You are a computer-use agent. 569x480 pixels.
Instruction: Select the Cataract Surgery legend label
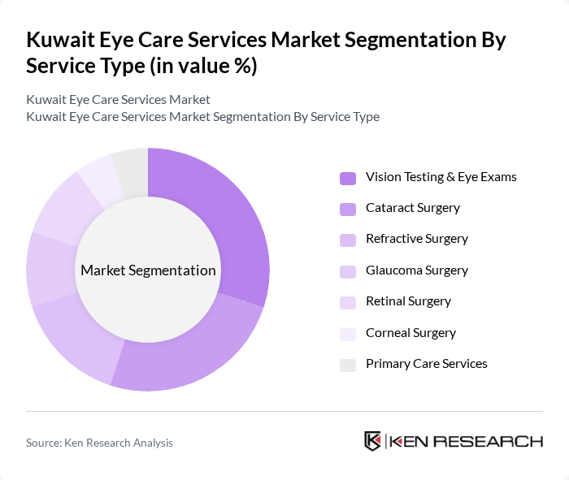pos(412,208)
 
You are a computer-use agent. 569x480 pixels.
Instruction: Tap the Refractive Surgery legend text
pos(416,239)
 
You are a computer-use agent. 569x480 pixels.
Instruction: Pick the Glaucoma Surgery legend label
pos(416,270)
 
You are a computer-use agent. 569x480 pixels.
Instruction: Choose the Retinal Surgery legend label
pos(408,301)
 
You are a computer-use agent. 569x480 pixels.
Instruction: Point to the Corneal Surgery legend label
pos(410,333)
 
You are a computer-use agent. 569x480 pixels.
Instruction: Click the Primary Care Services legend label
pos(426,364)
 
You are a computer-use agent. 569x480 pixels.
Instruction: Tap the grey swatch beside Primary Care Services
pos(348,365)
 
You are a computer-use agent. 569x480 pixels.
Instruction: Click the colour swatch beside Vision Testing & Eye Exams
pos(348,178)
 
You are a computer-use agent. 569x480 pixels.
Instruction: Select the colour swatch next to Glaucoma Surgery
pos(348,271)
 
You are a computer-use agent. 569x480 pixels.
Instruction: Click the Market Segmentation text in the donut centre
pos(148,270)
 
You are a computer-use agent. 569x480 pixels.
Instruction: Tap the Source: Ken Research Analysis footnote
pos(99,443)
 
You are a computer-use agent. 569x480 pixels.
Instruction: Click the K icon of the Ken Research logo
pos(372,441)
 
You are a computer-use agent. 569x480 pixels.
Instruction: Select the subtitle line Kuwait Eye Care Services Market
pos(118,100)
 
